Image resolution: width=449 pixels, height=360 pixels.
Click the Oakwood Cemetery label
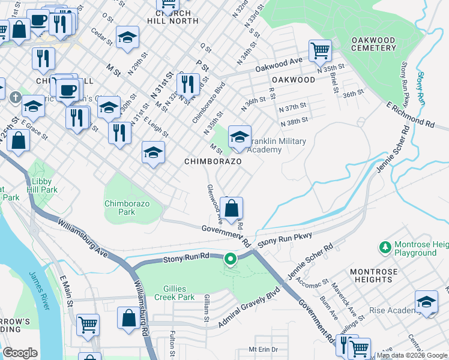(x=373, y=45)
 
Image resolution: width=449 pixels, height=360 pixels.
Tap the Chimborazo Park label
(x=127, y=208)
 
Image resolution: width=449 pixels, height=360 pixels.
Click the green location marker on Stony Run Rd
(x=230, y=259)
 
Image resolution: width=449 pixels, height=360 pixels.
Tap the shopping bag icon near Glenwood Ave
(x=231, y=209)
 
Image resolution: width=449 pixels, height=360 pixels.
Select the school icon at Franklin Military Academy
(x=240, y=138)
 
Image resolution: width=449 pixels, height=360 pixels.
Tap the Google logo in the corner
(x=20, y=353)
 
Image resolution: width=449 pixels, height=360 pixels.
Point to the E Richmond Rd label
(x=411, y=115)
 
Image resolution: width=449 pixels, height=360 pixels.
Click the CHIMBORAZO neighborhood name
(x=212, y=162)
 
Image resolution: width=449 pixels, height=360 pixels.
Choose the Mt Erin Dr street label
(x=264, y=349)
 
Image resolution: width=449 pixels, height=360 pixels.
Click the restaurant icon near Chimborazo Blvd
(x=188, y=85)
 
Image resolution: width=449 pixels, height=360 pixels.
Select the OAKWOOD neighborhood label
(x=293, y=80)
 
